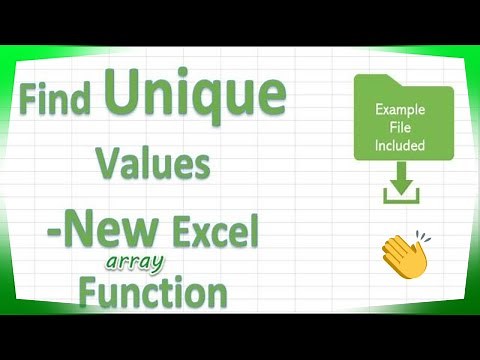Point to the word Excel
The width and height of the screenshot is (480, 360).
[x=214, y=234]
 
